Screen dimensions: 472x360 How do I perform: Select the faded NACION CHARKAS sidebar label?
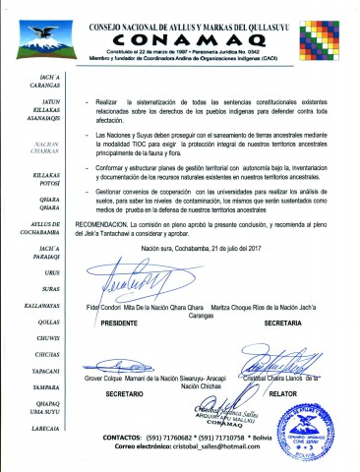coord(34,147)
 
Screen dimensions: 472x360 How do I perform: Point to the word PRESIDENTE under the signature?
coord(119,322)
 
